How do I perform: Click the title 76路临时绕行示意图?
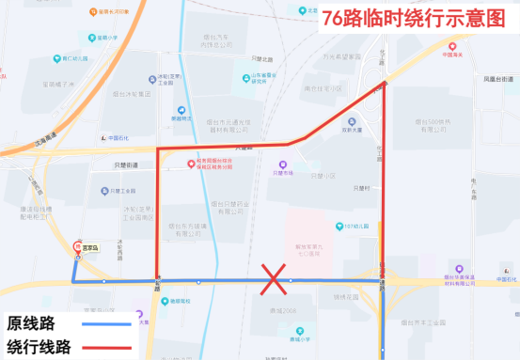[412, 19]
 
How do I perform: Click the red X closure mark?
[274, 279]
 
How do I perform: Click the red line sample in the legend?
[105, 347]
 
